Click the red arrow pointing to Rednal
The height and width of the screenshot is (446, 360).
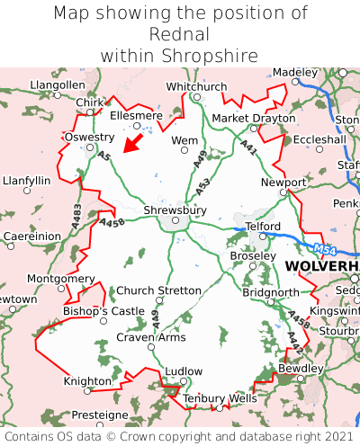[133, 142]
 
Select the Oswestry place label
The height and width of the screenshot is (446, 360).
[89, 137]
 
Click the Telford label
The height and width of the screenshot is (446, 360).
[263, 226]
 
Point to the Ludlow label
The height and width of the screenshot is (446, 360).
[184, 370]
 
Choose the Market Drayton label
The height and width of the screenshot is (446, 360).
[253, 118]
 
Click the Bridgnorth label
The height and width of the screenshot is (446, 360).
[271, 292]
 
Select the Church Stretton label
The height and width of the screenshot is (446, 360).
[159, 290]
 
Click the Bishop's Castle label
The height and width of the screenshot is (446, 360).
[103, 310]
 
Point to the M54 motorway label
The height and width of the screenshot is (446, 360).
[325, 248]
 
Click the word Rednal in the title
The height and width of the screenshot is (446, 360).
[179, 34]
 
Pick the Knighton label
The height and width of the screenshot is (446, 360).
[87, 381]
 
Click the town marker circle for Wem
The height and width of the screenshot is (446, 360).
[184, 152]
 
